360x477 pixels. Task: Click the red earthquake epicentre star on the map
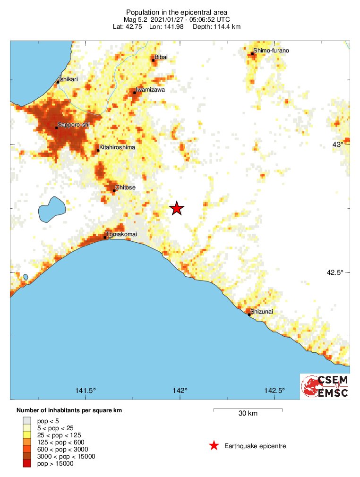tap(177, 208)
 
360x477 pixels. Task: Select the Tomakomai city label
tap(121, 234)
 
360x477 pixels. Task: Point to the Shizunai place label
tap(262, 311)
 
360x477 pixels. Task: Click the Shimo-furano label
tap(271, 50)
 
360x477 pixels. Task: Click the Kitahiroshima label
tap(117, 147)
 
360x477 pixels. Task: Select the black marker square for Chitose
tap(114, 191)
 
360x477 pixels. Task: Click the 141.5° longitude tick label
tap(86, 390)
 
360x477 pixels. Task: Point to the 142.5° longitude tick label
tap(274, 390)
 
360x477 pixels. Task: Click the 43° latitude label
tap(337, 144)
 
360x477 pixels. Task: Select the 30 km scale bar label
tap(248, 414)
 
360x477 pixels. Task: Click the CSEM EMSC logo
tap(325, 386)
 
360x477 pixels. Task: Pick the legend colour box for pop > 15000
tap(27, 464)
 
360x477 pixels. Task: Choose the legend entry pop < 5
tap(48, 420)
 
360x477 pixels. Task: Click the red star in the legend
tap(214, 446)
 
